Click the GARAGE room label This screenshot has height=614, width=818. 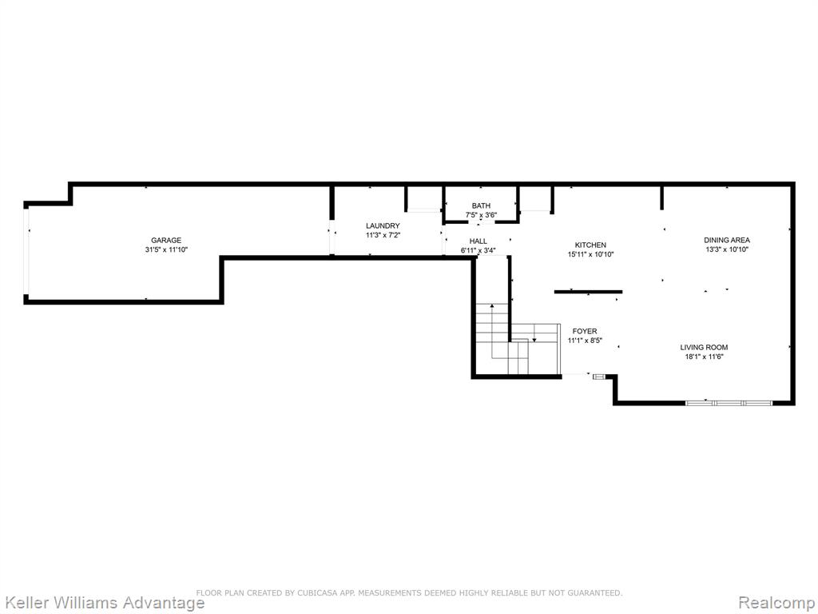[x=166, y=240]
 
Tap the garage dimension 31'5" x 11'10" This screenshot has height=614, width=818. [x=166, y=249]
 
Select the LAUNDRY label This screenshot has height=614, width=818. [x=383, y=225]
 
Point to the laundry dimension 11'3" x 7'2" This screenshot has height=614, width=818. [x=383, y=235]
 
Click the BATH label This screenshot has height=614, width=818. [x=481, y=205]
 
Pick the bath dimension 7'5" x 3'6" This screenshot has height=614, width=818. [x=481, y=214]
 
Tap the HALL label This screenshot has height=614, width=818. [x=478, y=241]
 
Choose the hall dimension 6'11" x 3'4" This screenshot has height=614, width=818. [x=478, y=250]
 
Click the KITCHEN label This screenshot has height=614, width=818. [x=590, y=245]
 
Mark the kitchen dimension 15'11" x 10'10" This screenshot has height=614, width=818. [x=590, y=254]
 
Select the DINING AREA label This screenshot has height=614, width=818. [x=727, y=240]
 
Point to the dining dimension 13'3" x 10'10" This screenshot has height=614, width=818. [x=727, y=249]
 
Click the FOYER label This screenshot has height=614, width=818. [x=585, y=331]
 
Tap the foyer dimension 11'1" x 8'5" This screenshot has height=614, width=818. [x=585, y=341]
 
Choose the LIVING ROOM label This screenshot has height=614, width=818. [x=704, y=347]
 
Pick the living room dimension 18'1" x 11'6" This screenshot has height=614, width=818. [x=704, y=357]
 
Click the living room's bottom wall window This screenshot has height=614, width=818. [x=729, y=403]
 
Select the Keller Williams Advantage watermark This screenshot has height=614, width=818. [x=103, y=603]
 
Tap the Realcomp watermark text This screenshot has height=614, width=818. [x=777, y=603]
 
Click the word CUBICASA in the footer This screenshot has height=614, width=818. [x=318, y=592]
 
